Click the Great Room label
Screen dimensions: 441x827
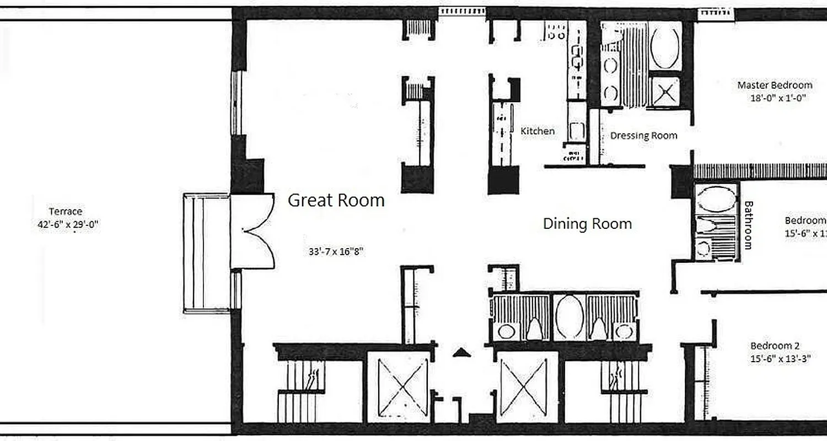(x=336, y=200)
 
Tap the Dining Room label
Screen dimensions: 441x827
(x=587, y=224)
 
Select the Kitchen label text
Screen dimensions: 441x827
(x=538, y=131)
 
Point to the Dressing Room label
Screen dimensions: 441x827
(x=643, y=136)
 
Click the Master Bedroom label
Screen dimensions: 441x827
(x=775, y=85)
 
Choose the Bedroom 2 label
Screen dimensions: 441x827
(x=775, y=346)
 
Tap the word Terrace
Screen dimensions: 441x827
(x=66, y=212)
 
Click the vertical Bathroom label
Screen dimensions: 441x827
(x=748, y=225)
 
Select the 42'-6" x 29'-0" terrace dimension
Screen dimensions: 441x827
(x=66, y=224)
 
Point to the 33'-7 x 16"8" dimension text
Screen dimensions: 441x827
(x=336, y=251)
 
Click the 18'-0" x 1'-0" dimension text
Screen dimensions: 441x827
(x=775, y=99)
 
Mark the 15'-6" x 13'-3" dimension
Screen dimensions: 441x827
(x=775, y=359)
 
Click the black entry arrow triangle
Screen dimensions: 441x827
(x=461, y=353)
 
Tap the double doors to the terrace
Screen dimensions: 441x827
(x=253, y=232)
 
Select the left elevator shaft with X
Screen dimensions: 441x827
(x=398, y=387)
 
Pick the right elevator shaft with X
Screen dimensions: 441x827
(x=527, y=387)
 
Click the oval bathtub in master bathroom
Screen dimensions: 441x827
(x=665, y=46)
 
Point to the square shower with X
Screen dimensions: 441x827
(x=665, y=91)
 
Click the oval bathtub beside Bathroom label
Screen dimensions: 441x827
(x=715, y=197)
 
